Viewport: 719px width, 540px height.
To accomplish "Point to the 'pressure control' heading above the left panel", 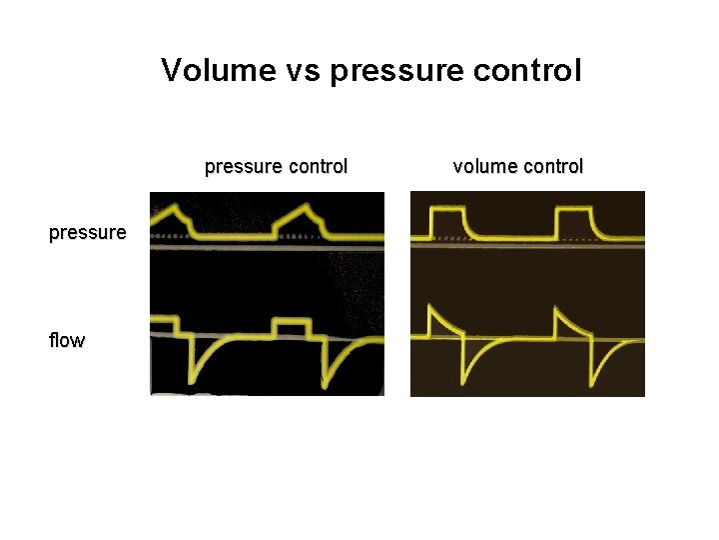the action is [276, 166].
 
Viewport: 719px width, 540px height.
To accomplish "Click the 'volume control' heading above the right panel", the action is [517, 166].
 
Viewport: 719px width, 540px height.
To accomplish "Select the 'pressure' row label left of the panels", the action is [88, 233].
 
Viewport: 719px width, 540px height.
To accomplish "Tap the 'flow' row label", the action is [66, 340].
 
